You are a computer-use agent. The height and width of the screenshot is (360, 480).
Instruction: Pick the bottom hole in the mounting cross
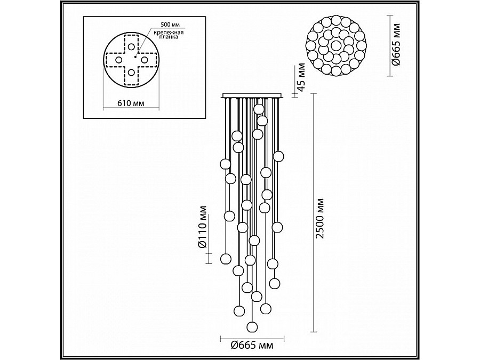(x=131, y=73)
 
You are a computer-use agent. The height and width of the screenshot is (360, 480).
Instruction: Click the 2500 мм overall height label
(x=320, y=219)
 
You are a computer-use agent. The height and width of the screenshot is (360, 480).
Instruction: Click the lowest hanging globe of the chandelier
(x=251, y=325)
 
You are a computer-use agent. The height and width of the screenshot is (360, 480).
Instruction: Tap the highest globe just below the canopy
(x=259, y=109)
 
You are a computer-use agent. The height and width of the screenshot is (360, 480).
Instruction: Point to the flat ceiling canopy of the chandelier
(x=253, y=96)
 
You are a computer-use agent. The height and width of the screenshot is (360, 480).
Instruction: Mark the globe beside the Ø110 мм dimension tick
(x=225, y=259)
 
